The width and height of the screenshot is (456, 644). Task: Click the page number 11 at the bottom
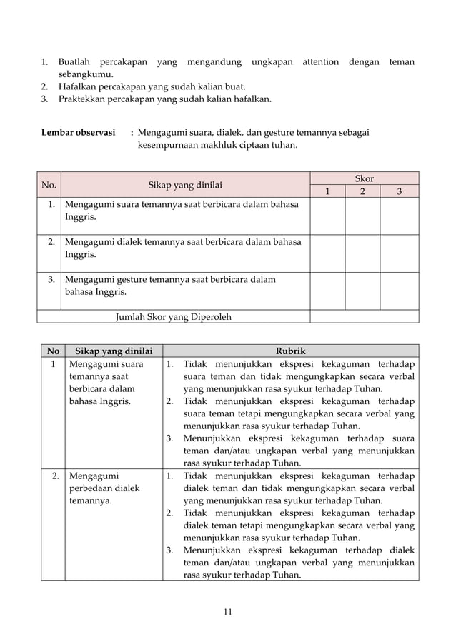(x=228, y=611)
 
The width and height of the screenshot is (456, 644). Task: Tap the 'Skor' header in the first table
(x=364, y=178)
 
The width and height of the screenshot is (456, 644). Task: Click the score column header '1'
(x=328, y=191)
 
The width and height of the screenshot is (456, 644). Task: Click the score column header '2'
(x=363, y=191)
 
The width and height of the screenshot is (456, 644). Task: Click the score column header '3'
(x=399, y=191)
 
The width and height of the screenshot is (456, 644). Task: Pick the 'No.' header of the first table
(x=49, y=185)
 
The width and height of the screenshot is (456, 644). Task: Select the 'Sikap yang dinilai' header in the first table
(x=184, y=185)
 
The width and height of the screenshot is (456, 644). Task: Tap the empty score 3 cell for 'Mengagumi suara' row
(x=399, y=215)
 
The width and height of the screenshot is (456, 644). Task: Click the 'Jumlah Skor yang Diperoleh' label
(x=173, y=316)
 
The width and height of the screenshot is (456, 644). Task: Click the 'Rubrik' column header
(x=291, y=351)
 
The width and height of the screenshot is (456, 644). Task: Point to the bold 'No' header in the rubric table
(x=52, y=351)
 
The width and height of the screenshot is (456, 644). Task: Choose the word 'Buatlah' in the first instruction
(x=75, y=62)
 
